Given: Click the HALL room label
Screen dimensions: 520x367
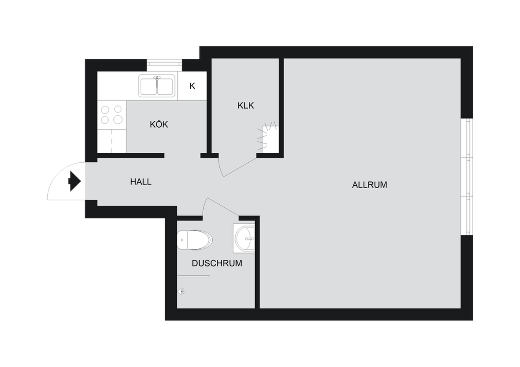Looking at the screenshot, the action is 141,182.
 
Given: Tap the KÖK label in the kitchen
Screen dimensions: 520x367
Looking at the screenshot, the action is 159,124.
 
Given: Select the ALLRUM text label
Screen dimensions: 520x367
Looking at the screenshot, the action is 370,185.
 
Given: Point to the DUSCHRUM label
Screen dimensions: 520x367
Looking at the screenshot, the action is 217,263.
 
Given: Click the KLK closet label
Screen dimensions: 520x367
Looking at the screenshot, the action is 246,106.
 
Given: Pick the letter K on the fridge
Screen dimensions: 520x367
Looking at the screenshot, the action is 192,86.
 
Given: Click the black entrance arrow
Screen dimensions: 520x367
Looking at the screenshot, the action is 75,181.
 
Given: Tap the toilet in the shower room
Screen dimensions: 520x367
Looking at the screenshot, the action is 195,240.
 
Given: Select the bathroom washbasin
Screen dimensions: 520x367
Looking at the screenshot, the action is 244,238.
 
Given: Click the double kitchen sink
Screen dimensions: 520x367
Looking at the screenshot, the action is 157,86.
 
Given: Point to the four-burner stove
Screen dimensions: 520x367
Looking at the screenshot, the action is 112,115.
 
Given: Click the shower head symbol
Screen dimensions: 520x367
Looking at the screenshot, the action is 181,292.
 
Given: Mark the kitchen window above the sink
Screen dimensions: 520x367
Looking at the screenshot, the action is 164,65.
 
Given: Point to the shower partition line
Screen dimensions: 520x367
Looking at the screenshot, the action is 193,276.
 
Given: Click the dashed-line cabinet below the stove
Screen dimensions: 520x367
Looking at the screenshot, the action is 112,141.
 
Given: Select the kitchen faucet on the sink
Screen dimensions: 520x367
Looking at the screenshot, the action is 157,80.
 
